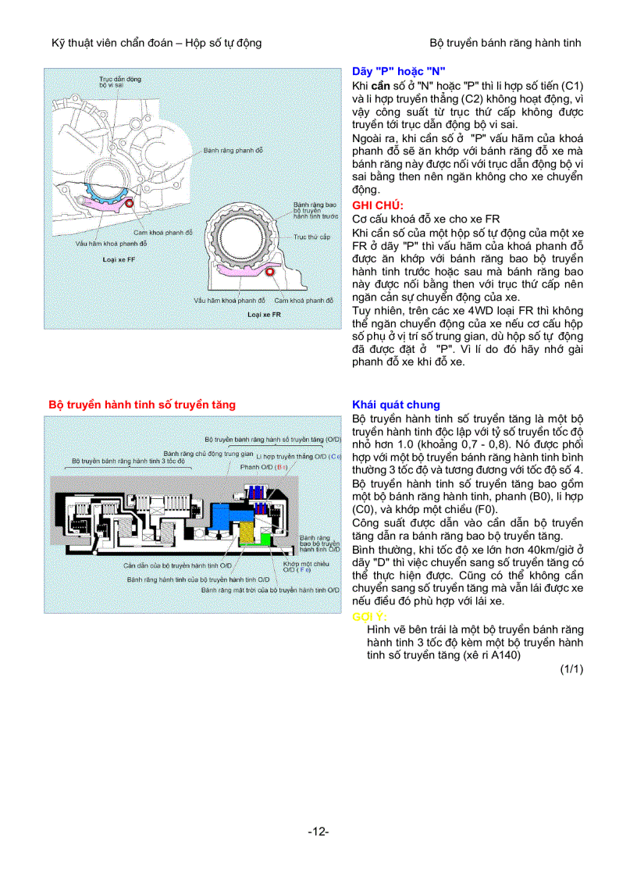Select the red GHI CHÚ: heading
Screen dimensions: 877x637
tap(378, 205)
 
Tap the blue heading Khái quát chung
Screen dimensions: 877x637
tap(396, 405)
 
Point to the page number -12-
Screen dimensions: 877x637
tap(318, 832)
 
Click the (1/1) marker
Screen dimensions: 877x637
tap(571, 668)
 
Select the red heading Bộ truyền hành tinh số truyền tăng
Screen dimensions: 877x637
tap(142, 405)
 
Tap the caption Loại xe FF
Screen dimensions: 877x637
tap(119, 258)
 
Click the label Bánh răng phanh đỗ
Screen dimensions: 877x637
tap(233, 149)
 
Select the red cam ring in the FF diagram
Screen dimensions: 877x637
tap(128, 205)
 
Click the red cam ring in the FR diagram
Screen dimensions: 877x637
tap(270, 272)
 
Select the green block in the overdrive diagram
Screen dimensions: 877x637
tap(267, 539)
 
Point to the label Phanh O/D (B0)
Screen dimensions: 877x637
tap(265, 466)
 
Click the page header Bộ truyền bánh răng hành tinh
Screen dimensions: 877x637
tap(505, 42)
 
